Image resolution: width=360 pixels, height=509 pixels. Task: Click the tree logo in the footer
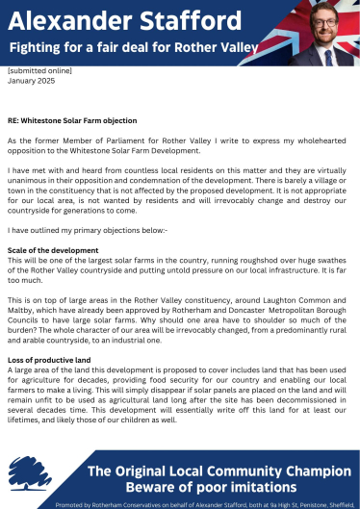click(x=28, y=473)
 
